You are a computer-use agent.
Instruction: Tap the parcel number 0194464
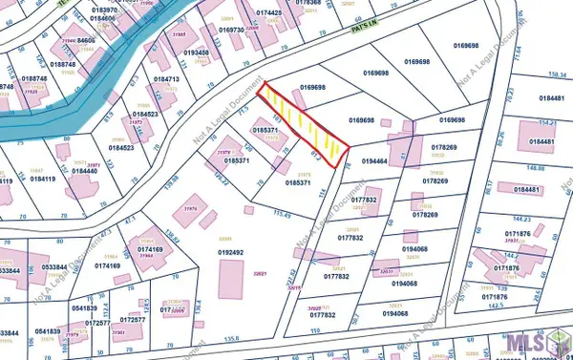(x=375, y=162)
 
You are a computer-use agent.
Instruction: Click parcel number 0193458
(x=195, y=53)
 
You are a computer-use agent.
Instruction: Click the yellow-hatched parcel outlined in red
(x=304, y=122)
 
